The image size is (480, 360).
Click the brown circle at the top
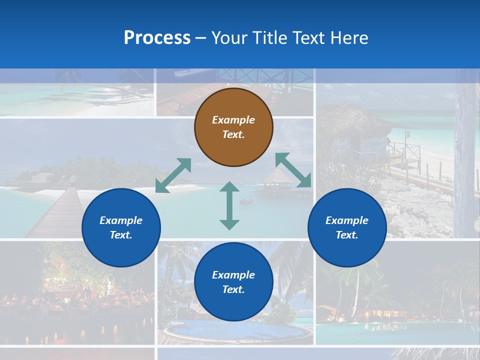pos(233,127)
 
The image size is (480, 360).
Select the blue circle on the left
pos(121,227)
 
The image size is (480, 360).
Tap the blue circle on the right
pos(347,227)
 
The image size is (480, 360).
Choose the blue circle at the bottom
pos(233,282)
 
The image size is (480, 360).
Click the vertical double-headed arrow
pos(229,205)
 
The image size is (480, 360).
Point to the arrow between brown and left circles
pos(173,175)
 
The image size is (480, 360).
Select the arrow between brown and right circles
pos(293,170)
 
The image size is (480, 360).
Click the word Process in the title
pos(157,37)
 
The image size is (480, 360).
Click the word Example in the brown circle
pos(233,120)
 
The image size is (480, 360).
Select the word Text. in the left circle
pos(121,235)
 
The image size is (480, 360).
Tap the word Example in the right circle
pos(347,220)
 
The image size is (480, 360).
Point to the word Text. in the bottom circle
pos(233,289)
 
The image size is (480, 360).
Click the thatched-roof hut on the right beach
pos(355,127)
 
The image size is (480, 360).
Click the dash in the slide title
pos(200,38)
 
